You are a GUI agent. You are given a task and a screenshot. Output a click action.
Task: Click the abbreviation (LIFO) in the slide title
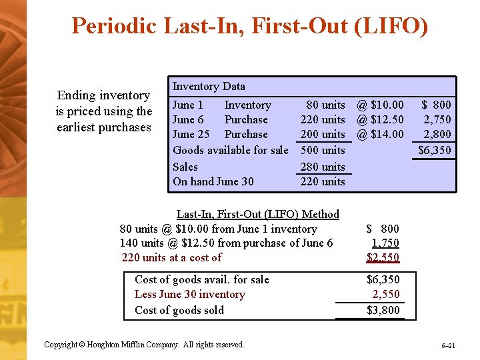point(388,26)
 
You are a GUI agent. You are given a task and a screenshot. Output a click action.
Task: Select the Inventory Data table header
point(209,86)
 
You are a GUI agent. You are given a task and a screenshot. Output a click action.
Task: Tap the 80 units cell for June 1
point(325,105)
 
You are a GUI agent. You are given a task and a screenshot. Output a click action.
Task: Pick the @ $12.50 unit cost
point(380,119)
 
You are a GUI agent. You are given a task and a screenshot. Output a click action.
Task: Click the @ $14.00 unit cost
point(380,134)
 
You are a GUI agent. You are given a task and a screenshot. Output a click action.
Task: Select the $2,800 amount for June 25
point(437,134)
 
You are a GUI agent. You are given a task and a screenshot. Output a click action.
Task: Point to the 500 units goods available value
point(323,150)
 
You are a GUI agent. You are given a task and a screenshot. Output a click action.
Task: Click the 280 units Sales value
point(323,167)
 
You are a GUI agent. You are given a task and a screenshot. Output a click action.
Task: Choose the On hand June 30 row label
point(213,181)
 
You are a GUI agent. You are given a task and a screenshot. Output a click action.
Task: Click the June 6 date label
point(188,119)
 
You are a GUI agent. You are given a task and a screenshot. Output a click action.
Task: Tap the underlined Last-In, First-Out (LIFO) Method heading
point(257,214)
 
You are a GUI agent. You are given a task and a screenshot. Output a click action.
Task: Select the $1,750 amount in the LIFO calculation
point(385,243)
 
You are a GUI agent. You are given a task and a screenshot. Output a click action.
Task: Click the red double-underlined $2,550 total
point(383,258)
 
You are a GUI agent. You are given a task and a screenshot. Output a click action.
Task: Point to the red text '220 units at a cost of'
point(172,258)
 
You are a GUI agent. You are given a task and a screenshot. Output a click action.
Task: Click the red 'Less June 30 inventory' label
point(189,295)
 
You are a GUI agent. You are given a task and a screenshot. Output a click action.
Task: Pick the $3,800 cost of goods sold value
point(383,310)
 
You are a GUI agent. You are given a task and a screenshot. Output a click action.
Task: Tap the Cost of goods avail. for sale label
point(201,279)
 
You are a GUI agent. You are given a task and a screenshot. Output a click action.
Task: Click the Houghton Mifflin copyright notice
point(144,345)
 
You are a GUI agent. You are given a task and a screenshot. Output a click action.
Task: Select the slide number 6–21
point(447,346)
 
